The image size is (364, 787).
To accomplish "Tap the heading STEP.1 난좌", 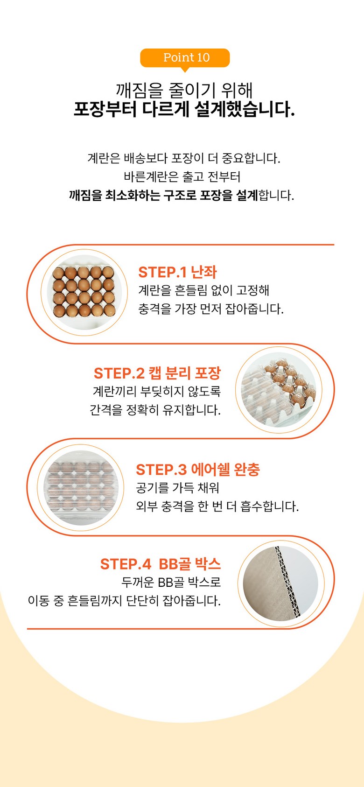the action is coord(177,272).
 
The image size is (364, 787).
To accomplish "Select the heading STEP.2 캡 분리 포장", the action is coord(157,373).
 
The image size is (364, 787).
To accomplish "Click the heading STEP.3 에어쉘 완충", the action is coord(198,470).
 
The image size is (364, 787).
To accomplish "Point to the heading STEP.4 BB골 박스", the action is coord(161,564).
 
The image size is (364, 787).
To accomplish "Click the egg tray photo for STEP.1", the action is coord(84,292).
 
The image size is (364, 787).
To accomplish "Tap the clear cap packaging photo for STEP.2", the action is coord(279,390).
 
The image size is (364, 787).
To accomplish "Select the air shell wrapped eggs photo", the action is coord(81,488).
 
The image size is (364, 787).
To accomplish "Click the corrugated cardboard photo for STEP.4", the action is coord(281,583).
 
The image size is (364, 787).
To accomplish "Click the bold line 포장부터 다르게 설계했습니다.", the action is coord(184,109).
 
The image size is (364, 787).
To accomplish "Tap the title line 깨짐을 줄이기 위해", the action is coord(184,90).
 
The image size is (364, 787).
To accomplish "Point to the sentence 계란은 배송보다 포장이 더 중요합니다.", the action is coord(184,158).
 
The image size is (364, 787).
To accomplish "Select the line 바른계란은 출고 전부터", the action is coord(182,176).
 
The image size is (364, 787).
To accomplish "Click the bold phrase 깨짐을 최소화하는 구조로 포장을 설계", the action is coord(163,195).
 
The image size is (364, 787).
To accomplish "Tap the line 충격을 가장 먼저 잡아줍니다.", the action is coord(211,309).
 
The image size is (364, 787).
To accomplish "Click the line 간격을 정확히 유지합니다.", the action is coord(155,410).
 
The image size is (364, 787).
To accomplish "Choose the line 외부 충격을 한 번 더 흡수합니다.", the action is coord(217,506).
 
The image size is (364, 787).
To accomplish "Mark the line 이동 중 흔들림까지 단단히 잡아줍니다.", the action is coord(125,601).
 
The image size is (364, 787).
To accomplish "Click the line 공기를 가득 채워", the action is coord(178,488).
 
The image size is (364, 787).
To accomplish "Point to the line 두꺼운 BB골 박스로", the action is coord(171,582).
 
